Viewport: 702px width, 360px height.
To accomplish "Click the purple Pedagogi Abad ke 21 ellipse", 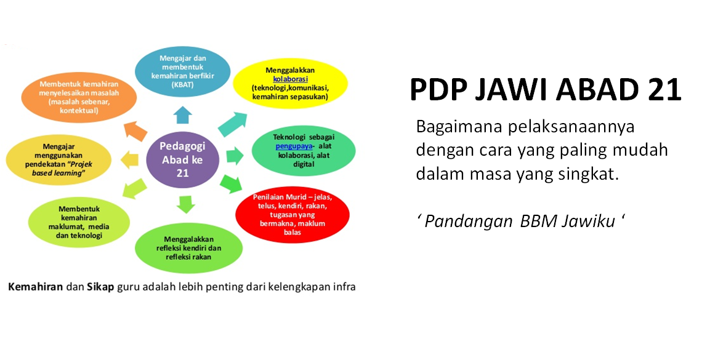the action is [x=183, y=159].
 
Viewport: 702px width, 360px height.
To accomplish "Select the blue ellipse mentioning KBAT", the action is [x=182, y=71].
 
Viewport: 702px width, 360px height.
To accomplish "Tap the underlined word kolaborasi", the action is [x=290, y=79].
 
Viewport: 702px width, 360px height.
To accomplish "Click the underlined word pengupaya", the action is [x=294, y=146].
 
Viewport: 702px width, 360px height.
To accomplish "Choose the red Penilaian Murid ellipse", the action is [x=292, y=215].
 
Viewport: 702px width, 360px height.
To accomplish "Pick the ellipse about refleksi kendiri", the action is [x=188, y=248].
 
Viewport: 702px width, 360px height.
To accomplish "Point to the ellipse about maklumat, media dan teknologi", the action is [x=79, y=222].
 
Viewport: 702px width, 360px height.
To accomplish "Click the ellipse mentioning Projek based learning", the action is [x=58, y=159].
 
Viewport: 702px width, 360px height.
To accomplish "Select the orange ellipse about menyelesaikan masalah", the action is [x=79, y=97].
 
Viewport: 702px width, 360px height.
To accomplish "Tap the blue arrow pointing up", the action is [x=183, y=115].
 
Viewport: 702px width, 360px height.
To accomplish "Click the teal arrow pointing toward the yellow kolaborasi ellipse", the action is [x=233, y=124].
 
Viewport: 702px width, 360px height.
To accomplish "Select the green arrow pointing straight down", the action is [x=185, y=204].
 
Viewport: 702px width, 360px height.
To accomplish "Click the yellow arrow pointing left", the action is [x=130, y=160].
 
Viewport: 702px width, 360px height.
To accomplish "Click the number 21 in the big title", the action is [x=664, y=89].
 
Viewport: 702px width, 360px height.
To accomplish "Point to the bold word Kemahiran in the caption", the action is [x=35, y=287].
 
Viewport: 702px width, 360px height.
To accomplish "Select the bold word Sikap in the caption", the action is [x=100, y=287].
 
